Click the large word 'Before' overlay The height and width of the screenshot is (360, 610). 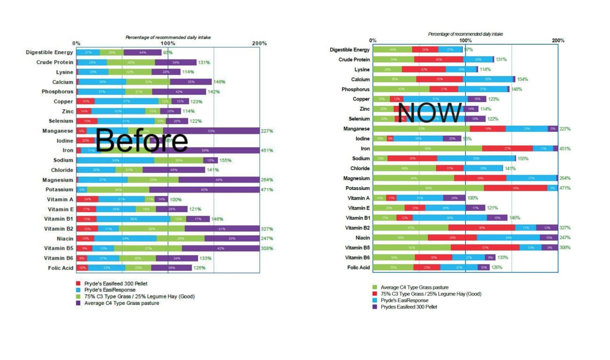pos(142,140)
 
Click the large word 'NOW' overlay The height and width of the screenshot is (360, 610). pos(430,112)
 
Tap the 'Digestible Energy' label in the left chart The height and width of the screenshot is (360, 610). pos(49,52)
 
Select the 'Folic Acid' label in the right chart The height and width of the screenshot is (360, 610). pos(358,268)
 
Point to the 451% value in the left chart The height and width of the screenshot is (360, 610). pos(267,151)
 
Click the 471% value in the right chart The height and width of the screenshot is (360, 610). pos(565,188)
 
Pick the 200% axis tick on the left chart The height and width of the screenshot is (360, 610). pos(259,44)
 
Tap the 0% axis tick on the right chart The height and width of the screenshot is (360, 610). pos(373,41)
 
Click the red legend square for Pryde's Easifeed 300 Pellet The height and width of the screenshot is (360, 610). pos(78,283)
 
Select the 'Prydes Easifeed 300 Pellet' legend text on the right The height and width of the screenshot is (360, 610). pos(409,307)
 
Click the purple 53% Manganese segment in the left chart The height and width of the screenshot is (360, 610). pos(211,131)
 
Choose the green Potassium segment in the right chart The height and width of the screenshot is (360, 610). pos(428,188)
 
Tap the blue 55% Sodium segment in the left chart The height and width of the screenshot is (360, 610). pos(115,160)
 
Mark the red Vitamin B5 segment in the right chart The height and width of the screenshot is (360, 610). pos(485,248)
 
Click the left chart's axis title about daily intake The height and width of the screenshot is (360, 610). pos(168,37)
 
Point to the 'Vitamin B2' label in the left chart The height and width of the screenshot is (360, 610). pos(58,229)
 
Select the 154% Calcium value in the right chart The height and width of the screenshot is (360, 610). pos(522,79)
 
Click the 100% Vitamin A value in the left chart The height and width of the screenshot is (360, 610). pos(176,200)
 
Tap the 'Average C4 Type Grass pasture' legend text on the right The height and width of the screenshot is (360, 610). pos(415,287)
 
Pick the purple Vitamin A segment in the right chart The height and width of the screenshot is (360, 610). pos(454,198)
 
